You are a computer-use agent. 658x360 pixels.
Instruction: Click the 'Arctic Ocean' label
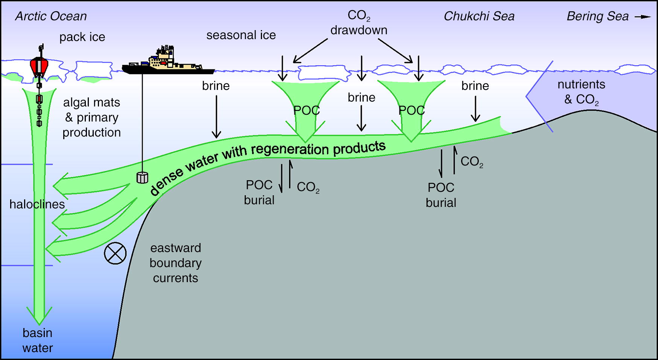tap(51, 16)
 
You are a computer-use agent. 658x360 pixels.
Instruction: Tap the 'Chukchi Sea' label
tap(479, 16)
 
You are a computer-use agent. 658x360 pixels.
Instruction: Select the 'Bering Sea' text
tap(597, 16)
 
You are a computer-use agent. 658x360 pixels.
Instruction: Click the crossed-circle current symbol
tap(115, 253)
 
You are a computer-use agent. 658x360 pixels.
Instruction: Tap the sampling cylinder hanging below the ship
tap(142, 177)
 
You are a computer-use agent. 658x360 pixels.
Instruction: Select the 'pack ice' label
tap(82, 37)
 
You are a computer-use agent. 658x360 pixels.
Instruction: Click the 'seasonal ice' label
tap(241, 35)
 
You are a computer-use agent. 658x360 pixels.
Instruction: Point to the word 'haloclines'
tap(37, 204)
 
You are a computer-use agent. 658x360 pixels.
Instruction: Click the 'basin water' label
tap(37, 340)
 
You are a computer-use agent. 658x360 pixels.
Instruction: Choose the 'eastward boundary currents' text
tap(175, 263)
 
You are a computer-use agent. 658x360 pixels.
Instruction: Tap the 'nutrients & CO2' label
tap(581, 92)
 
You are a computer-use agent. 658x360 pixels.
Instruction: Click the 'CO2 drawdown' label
tap(359, 23)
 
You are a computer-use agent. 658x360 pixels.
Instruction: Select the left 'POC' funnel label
tap(306, 110)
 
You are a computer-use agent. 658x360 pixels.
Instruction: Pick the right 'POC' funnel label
tap(411, 110)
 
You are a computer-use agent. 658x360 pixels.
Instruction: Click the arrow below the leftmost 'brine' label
tap(216, 117)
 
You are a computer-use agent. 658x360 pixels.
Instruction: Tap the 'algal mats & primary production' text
tap(91, 117)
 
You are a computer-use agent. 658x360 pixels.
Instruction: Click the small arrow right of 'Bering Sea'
tap(643, 17)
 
